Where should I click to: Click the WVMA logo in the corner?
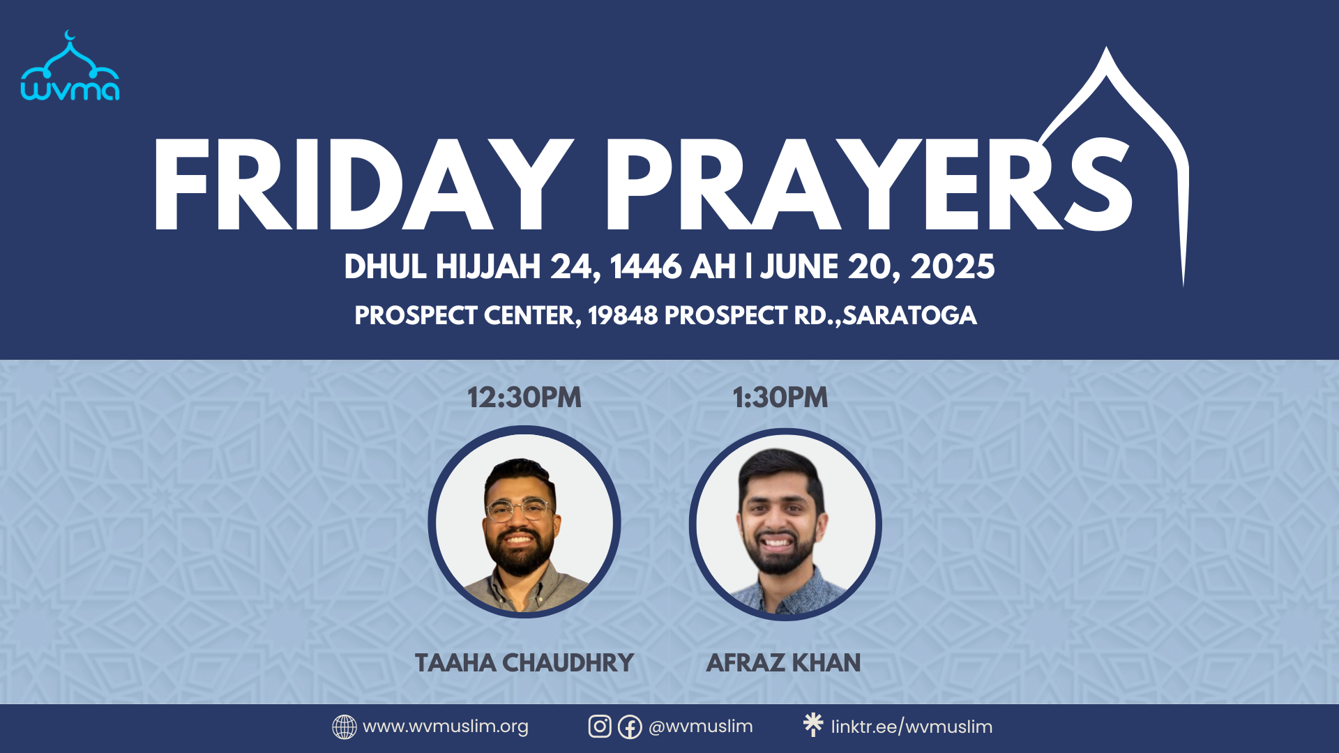tap(70, 67)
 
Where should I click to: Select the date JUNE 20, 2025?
tap(877, 267)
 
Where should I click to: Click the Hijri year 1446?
tap(645, 267)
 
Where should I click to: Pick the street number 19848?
tap(623, 316)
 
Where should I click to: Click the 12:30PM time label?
tap(524, 397)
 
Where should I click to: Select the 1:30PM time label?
tap(780, 397)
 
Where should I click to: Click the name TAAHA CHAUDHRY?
tap(524, 662)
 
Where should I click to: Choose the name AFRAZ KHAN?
tap(783, 662)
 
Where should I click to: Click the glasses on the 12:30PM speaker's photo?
tap(520, 510)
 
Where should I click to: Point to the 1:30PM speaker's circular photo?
tap(785, 524)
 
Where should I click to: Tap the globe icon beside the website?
tap(345, 727)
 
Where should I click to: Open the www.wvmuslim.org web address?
tap(446, 727)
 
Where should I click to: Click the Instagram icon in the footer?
tap(600, 727)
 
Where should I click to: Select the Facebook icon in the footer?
tap(630, 727)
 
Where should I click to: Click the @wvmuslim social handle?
tap(700, 727)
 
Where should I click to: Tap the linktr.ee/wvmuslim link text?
tap(911, 727)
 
